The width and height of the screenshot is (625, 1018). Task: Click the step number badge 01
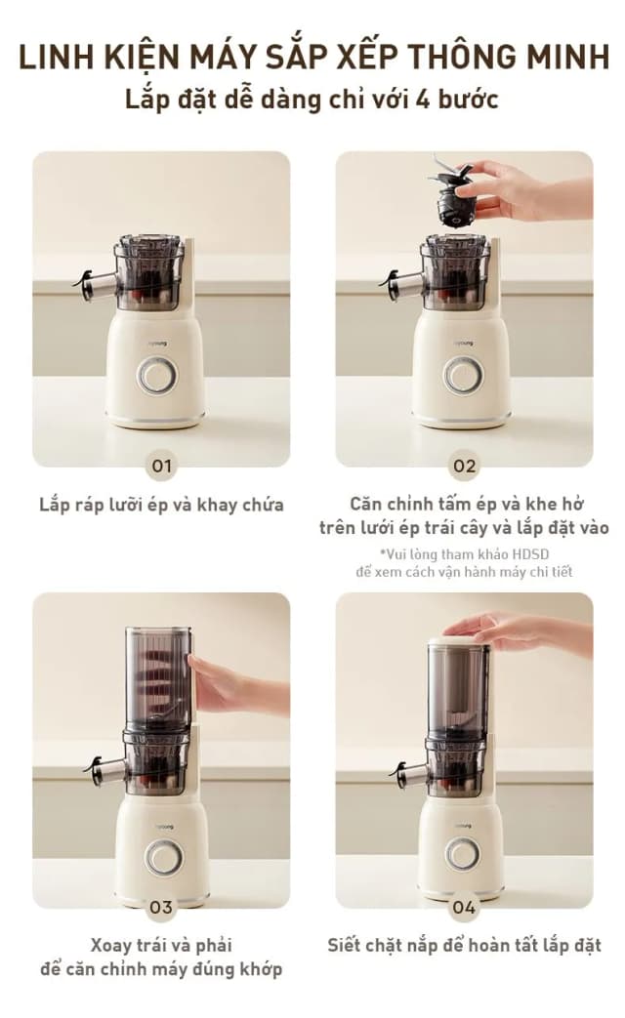pyautogui.click(x=160, y=466)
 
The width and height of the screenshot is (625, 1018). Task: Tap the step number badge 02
pyautogui.click(x=464, y=466)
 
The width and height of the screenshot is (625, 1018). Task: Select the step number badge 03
pyautogui.click(x=160, y=908)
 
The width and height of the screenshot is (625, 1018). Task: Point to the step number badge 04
pyautogui.click(x=464, y=908)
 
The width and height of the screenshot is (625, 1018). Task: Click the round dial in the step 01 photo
pyautogui.click(x=156, y=375)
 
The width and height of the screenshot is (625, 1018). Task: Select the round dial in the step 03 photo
pyautogui.click(x=163, y=857)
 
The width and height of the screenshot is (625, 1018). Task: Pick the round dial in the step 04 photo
pyautogui.click(x=463, y=853)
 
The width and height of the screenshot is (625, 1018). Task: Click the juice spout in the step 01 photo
pyautogui.click(x=94, y=284)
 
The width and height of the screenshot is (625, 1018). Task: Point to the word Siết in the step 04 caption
pyautogui.click(x=347, y=945)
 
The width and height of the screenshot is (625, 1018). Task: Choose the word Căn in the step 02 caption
pyautogui.click(x=365, y=504)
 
